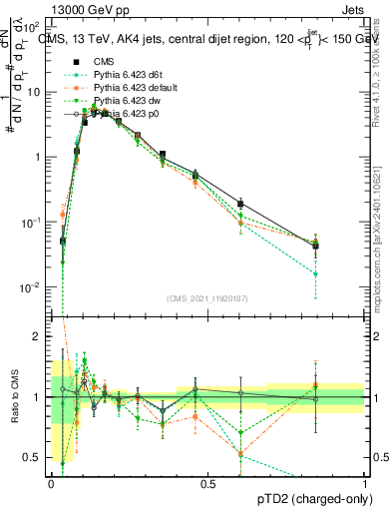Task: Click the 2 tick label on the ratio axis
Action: [x=38, y=336]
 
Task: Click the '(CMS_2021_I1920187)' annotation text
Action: [x=207, y=298]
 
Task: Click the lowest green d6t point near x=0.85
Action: [x=315, y=273]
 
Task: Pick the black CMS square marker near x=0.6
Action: [x=240, y=204]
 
